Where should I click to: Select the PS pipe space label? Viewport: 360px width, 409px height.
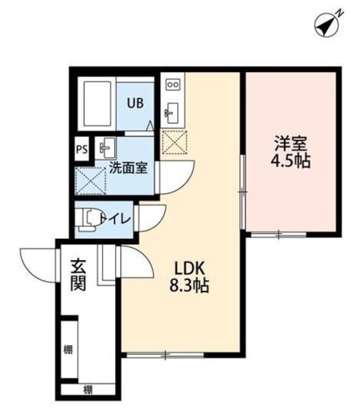click(x=81, y=151)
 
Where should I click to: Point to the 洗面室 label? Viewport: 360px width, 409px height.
click(x=129, y=169)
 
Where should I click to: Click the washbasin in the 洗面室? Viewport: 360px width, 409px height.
click(x=105, y=149)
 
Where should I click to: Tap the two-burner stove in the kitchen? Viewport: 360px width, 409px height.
click(x=173, y=84)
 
